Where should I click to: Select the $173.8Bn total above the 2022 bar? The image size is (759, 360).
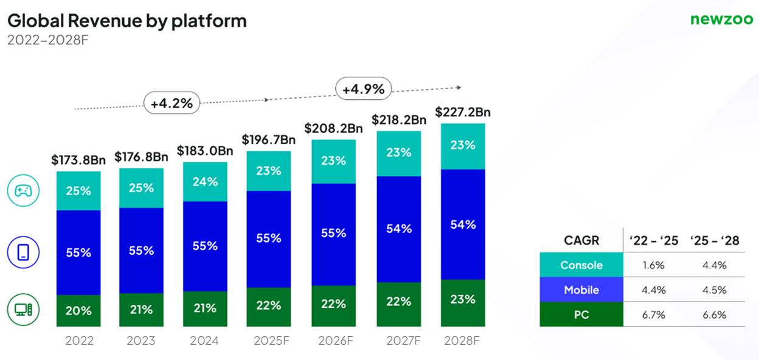point(78,161)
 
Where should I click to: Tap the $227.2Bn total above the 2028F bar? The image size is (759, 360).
point(463,112)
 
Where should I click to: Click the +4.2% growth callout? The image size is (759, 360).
point(172,103)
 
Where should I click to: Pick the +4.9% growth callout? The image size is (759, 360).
point(363,89)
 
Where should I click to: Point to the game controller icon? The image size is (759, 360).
point(23,191)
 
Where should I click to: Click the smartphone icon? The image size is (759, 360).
point(23,252)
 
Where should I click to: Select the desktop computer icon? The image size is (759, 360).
point(23,310)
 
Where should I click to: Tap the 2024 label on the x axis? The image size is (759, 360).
point(204,341)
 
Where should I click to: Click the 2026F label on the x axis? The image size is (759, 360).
point(333,341)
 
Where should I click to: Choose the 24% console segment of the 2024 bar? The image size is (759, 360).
point(205,182)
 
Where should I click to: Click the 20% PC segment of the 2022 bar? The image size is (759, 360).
point(78,311)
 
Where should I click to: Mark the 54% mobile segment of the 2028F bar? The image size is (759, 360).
point(463,224)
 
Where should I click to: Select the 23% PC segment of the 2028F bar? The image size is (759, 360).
point(463,299)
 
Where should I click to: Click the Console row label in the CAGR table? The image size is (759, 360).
point(581,265)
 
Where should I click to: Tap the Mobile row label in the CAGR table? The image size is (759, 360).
point(581,290)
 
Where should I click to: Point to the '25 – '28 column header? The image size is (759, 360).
point(715,240)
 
